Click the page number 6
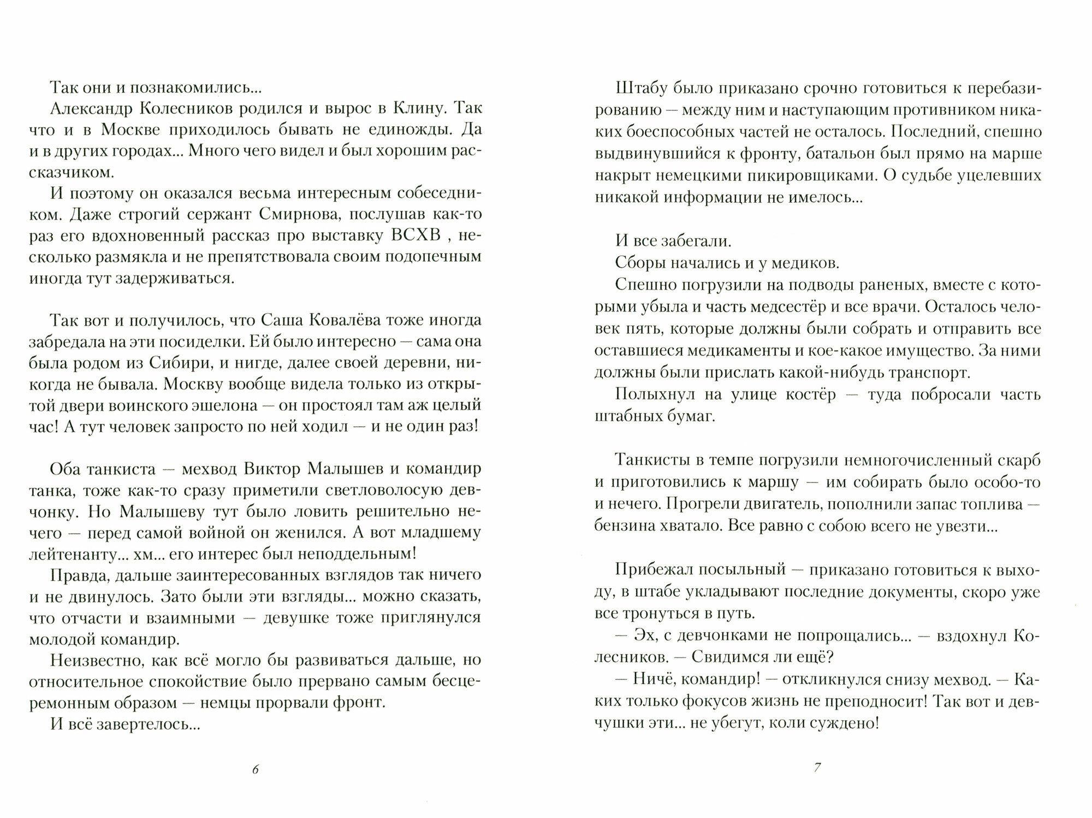[256, 769]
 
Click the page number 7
[817, 767]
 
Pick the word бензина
[626, 526]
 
